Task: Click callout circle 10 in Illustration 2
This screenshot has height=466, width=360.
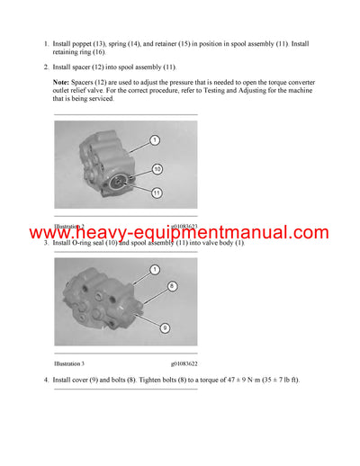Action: click(x=157, y=169)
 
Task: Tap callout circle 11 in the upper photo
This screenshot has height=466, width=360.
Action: click(x=157, y=192)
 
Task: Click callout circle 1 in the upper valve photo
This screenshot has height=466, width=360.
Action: click(x=155, y=140)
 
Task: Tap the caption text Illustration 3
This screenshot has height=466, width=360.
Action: click(x=68, y=363)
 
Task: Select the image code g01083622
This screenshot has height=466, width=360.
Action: click(x=182, y=363)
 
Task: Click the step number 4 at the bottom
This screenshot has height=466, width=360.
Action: click(x=45, y=381)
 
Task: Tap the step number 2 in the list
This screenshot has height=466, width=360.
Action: click(x=45, y=67)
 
